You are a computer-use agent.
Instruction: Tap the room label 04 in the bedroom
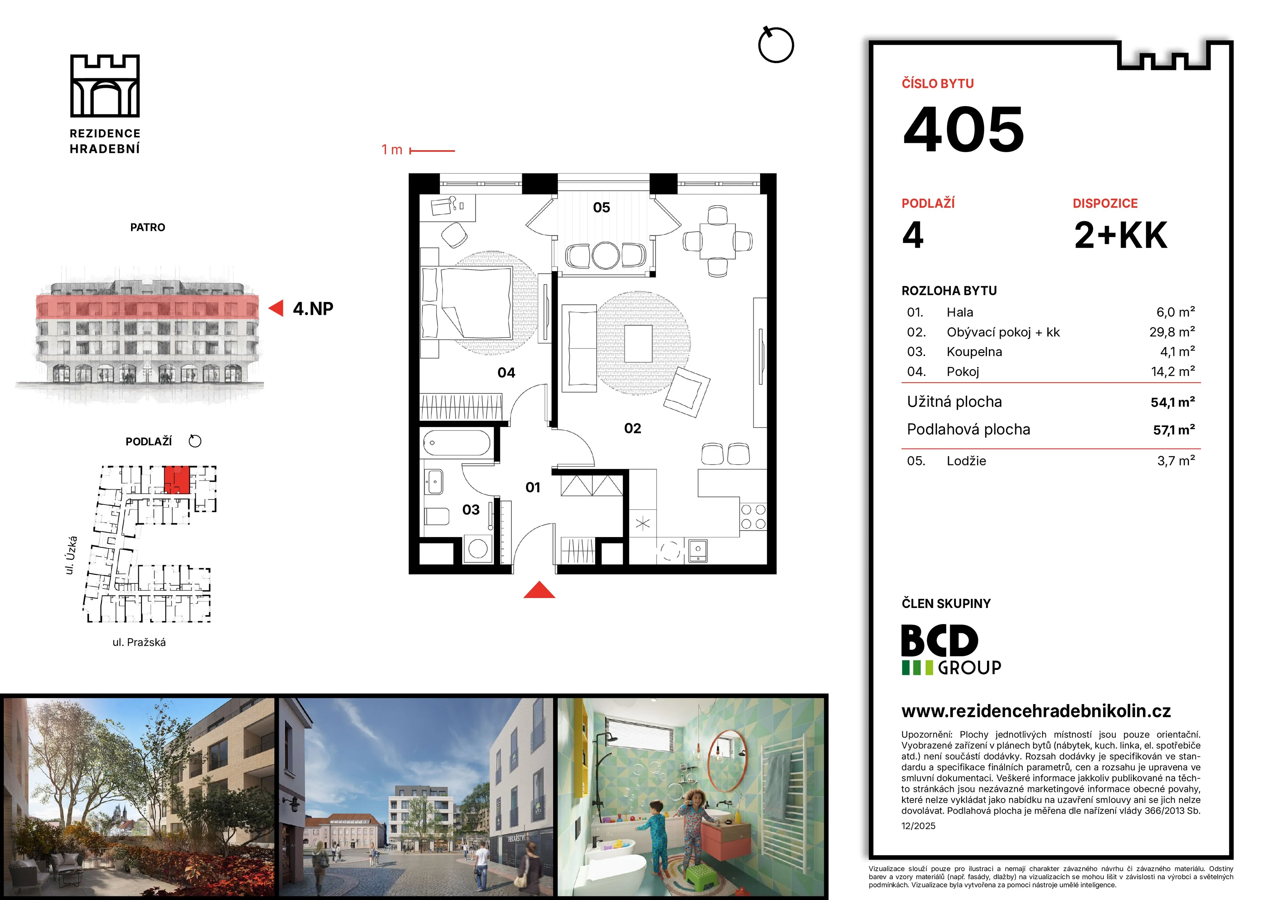point(506,373)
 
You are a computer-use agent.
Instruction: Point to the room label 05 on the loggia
point(602,208)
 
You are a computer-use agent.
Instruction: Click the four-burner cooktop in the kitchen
point(753,517)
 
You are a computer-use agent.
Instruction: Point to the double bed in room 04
point(467,303)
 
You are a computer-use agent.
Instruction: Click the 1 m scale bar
point(432,150)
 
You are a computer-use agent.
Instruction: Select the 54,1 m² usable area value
point(1172,402)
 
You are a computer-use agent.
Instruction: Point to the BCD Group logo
point(952,649)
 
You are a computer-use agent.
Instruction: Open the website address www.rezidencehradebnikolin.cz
point(1036,711)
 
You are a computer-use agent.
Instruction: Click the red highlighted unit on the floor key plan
point(177,480)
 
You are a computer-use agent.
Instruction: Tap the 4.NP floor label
point(313,308)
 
